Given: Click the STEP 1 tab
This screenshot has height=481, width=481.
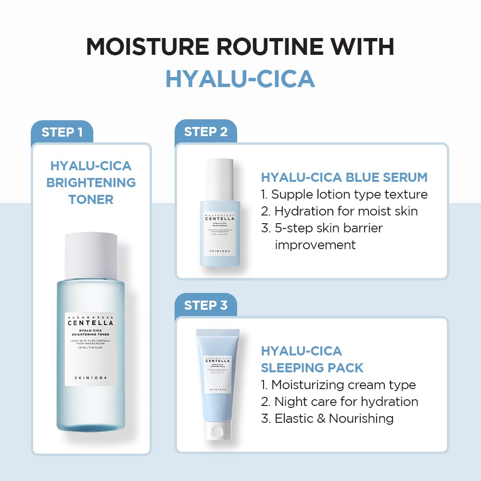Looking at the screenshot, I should (62, 132).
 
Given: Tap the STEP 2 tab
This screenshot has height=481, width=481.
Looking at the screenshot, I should (205, 132).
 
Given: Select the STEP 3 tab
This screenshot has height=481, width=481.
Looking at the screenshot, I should (205, 305).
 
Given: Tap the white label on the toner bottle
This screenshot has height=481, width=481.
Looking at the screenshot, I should (90, 349).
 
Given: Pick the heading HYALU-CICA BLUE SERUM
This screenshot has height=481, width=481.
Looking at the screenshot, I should (344, 177).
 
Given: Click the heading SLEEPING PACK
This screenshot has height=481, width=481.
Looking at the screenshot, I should (312, 368).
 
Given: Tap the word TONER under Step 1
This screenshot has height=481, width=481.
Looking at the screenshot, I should (91, 199).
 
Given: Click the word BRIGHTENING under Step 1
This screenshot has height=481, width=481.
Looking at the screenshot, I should (91, 183).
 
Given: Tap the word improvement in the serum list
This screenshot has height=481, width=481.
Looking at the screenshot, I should (315, 245).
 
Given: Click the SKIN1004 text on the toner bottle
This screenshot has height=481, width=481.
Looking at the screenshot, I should (90, 377).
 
